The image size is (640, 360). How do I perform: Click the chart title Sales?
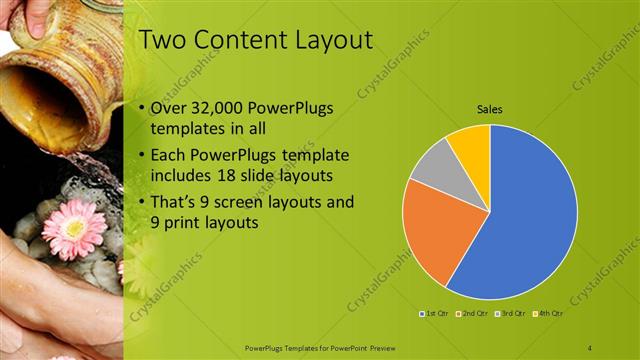tap(489, 108)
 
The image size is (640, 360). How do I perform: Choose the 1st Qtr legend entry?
tap(435, 314)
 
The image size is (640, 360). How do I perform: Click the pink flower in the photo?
tap(73, 228)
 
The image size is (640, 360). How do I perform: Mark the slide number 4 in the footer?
tap(590, 347)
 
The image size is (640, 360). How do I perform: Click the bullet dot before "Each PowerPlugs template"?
tap(142, 156)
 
